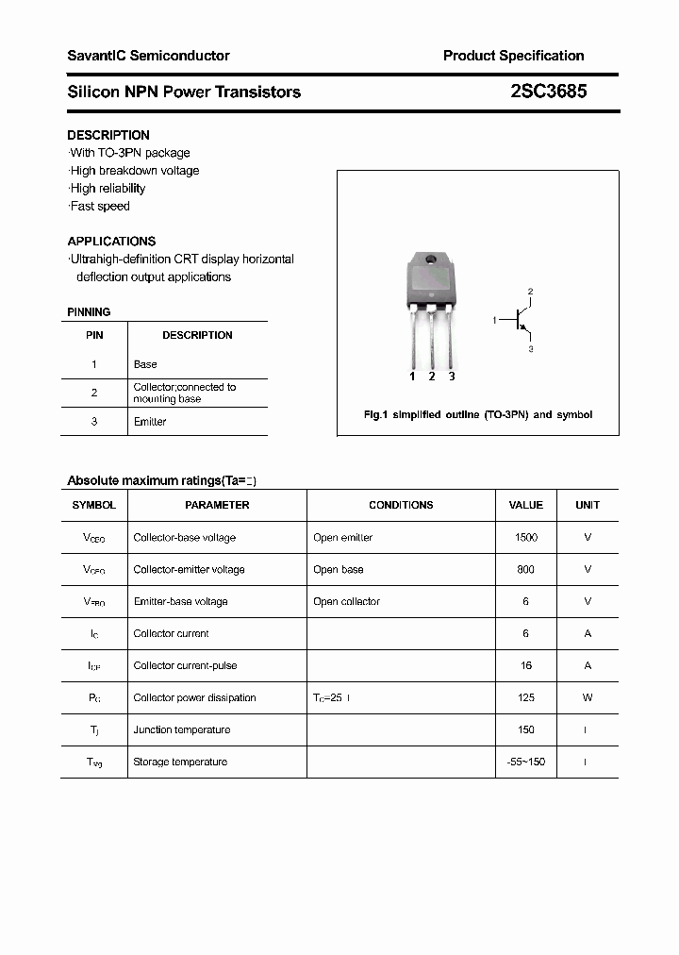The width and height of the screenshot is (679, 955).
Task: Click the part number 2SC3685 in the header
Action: [x=549, y=92]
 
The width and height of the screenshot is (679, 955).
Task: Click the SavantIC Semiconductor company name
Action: [x=148, y=56]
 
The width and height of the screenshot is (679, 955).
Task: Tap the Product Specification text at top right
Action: [x=513, y=56]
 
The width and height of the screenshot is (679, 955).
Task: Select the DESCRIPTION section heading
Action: [x=108, y=135]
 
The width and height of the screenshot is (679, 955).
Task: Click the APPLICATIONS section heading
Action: [x=111, y=241]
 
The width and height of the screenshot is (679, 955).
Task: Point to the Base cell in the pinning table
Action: [x=145, y=364]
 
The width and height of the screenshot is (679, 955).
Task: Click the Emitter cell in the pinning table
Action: [x=150, y=422]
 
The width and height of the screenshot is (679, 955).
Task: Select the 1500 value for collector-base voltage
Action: [x=525, y=537]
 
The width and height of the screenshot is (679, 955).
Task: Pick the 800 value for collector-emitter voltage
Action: [x=525, y=569]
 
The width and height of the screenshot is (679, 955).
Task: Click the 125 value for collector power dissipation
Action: [x=525, y=697]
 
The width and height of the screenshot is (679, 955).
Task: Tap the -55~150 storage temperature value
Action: [x=525, y=762]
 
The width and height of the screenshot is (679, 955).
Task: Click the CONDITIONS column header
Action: [x=401, y=505]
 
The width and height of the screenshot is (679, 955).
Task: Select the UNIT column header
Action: [x=588, y=505]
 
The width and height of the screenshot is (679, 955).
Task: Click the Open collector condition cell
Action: [x=346, y=601]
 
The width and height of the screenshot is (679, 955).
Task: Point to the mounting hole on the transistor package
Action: [x=431, y=259]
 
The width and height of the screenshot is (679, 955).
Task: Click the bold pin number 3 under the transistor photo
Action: [x=452, y=377]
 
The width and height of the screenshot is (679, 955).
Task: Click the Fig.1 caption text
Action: [x=478, y=415]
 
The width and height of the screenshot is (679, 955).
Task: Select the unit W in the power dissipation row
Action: [x=588, y=697]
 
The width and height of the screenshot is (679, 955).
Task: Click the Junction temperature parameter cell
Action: [x=181, y=729]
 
